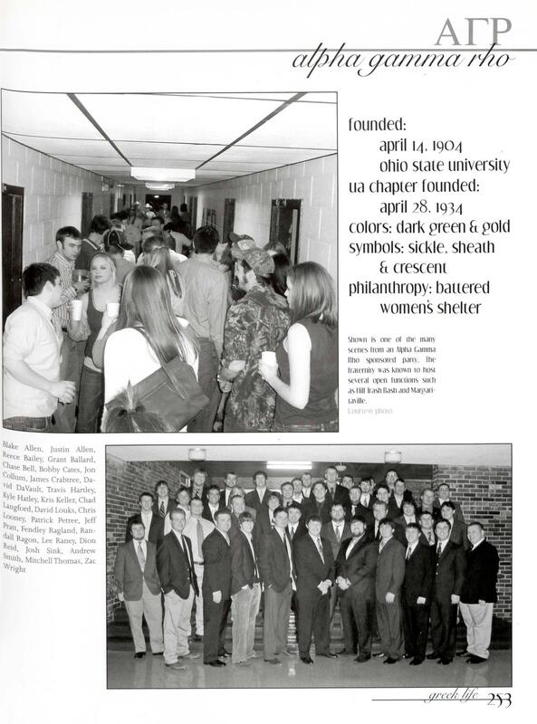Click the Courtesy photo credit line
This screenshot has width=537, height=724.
coord(370,411)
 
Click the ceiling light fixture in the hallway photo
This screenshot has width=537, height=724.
coord(162,174)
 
